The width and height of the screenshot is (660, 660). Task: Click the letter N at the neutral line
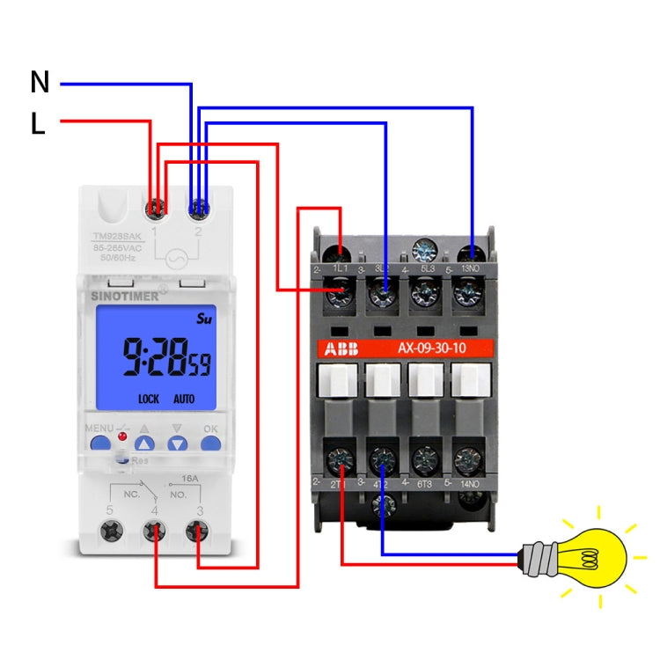pyautogui.click(x=40, y=83)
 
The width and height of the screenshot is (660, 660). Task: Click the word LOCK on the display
pyautogui.click(x=149, y=399)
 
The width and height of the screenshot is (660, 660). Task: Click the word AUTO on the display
pyautogui.click(x=184, y=399)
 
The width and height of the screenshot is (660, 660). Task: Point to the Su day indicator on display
pyautogui.click(x=204, y=317)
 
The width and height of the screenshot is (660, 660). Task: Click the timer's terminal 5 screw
pyautogui.click(x=112, y=532)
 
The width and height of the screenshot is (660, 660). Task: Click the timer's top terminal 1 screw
pyautogui.click(x=156, y=209)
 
